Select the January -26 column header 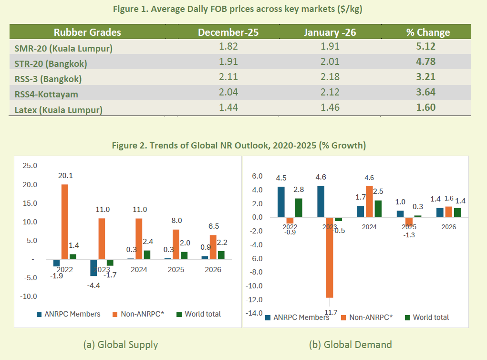330,32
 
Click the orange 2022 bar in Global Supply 65,222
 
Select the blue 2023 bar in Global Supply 93,267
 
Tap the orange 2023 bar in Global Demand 329,258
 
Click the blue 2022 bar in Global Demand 281,202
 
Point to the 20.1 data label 65,176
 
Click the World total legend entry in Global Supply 199,314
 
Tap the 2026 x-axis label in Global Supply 213,269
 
